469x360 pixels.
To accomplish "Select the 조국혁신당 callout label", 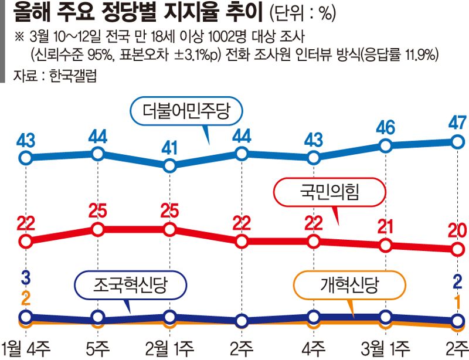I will click(x=131, y=286).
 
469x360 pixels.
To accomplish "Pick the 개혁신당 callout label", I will click(x=350, y=286).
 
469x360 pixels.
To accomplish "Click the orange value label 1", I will click(x=457, y=303).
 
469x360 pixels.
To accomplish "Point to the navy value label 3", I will click(x=25, y=277).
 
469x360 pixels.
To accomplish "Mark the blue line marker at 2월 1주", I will click(x=169, y=166).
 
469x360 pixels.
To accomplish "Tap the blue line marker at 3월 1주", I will click(x=385, y=145).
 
